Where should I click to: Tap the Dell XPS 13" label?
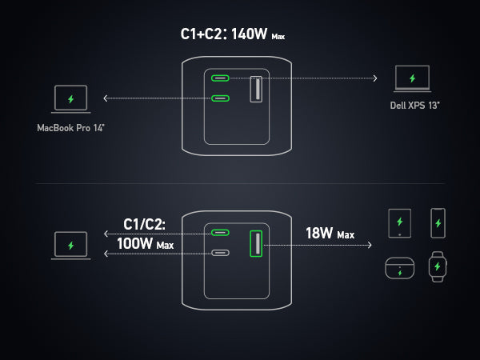point(414,104)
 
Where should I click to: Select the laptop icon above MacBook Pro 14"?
point(70,99)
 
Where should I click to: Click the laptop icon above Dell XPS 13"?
point(413,78)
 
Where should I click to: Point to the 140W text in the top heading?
point(249,36)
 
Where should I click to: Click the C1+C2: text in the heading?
point(204,36)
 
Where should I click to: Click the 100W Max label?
point(146,244)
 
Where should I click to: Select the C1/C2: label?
point(145,224)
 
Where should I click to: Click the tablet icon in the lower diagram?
point(398,223)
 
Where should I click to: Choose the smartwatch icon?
point(438,266)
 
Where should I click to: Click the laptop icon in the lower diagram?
point(70,245)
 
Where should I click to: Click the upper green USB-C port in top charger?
point(221,78)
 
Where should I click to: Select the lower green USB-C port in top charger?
point(221,98)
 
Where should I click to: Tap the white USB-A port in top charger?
point(257,88)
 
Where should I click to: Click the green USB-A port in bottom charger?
point(257,243)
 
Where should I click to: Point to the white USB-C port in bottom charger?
point(221,253)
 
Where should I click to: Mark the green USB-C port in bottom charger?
point(221,233)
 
